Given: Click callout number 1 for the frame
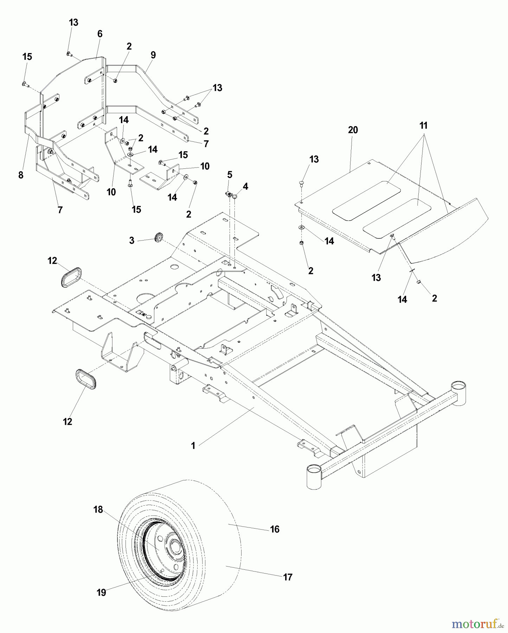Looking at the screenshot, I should tap(193, 446).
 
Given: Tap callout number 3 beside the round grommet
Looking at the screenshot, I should tap(132, 241).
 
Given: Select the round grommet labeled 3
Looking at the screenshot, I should tap(159, 237).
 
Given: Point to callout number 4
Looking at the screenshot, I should tap(245, 186).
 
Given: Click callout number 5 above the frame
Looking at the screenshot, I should tap(230, 174).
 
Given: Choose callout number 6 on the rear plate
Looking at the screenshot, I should tap(100, 34).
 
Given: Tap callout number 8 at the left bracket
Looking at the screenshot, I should tap(21, 175).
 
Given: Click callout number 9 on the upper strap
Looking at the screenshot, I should tap(153, 55).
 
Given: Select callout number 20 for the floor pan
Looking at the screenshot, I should tap(353, 130).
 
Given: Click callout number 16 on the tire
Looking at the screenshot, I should tap(275, 529).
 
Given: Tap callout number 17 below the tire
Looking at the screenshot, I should tap(288, 577).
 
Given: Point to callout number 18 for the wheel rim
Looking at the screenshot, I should tap(98, 509).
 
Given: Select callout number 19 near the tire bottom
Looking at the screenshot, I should tap(101, 593).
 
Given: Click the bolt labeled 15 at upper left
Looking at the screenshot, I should tap(24, 84).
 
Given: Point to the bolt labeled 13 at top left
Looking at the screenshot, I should tap(69, 53).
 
